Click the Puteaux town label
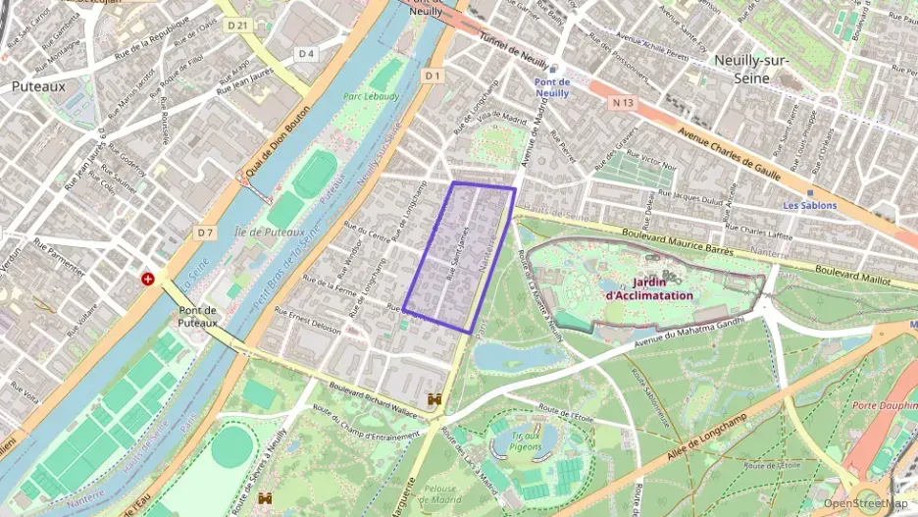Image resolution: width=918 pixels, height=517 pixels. coord(38,86)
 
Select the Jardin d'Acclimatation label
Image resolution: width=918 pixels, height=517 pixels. coord(649,287)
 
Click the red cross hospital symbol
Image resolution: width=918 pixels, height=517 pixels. coord(148,279)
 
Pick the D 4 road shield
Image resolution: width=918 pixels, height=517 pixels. coord(307,53)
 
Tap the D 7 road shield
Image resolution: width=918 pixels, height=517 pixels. coord(205,233)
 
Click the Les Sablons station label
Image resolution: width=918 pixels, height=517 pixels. coord(809,205)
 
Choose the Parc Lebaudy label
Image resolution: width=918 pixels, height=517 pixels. coord(371,96)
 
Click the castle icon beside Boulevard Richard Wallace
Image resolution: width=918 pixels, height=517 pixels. coord(434,400)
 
